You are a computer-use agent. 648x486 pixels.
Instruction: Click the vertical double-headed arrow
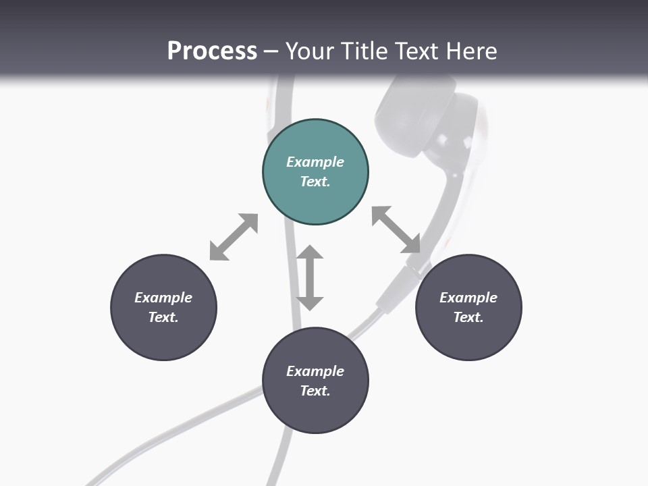[310, 277]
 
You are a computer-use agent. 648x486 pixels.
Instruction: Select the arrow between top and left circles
[234, 237]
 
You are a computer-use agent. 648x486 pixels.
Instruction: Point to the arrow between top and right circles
[396, 230]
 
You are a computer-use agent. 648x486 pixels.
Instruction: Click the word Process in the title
[212, 51]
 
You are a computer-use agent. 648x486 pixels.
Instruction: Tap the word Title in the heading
[363, 51]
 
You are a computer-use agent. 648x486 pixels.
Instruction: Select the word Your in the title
[309, 51]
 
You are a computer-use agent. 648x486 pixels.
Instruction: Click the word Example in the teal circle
[315, 162]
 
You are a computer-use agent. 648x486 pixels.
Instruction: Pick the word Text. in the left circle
[163, 317]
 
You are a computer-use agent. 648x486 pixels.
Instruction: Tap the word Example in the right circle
[468, 298]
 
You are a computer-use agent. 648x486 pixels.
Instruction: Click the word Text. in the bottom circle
[315, 391]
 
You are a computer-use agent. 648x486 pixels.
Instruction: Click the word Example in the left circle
[163, 298]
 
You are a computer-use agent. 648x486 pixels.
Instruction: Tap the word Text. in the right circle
[468, 317]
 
